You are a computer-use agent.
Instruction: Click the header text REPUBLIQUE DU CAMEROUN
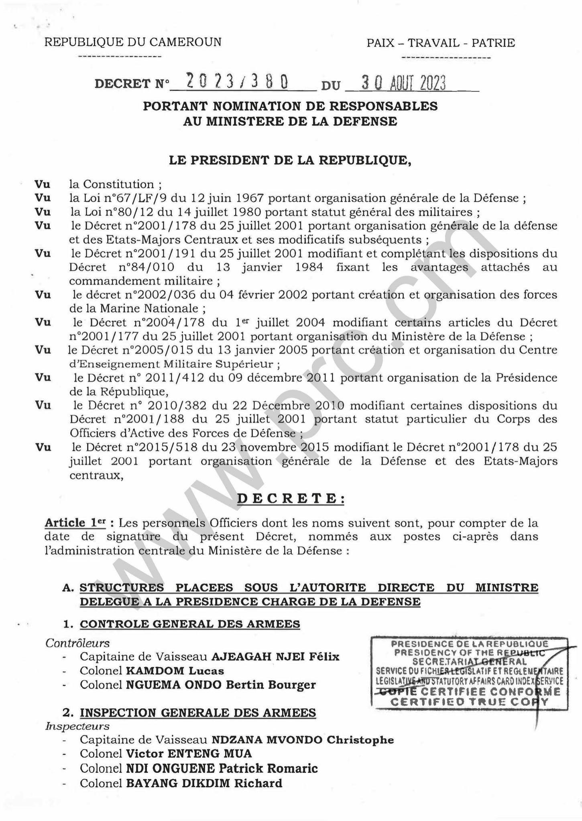132,42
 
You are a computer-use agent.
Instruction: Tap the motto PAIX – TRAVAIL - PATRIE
440,43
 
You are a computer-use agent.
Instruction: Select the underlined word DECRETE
291,499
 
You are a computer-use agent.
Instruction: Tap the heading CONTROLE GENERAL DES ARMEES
190,624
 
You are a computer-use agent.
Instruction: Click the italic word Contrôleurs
77,643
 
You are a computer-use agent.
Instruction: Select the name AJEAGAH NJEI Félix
275,657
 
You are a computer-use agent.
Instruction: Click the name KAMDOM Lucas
175,671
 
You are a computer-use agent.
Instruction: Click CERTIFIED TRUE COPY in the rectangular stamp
469,701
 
